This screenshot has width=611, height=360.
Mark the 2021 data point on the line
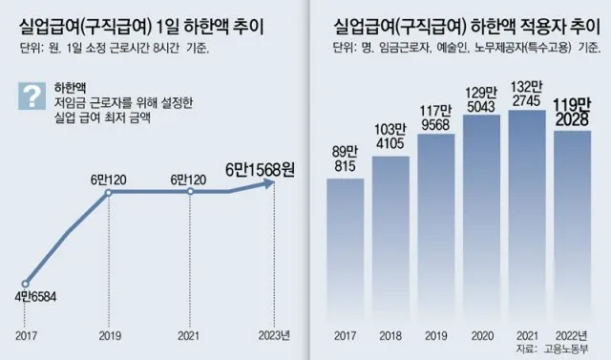pyautogui.click(x=191, y=192)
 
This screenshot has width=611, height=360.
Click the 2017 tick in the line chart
pyautogui.click(x=27, y=335)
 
